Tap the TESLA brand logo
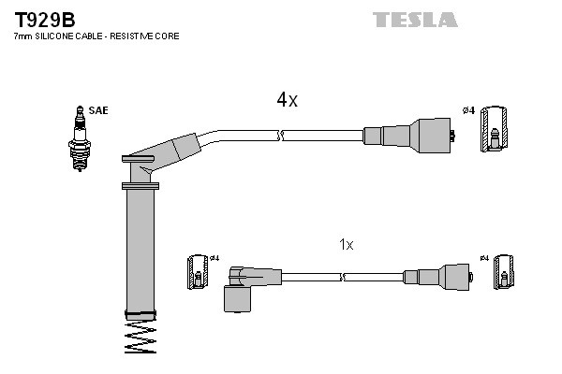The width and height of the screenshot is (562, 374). pyautogui.click(x=415, y=19)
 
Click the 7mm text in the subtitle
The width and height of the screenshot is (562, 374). pyautogui.click(x=22, y=36)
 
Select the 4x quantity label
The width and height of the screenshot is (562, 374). pyautogui.click(x=287, y=100)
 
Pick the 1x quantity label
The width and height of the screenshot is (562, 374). pyautogui.click(x=346, y=244)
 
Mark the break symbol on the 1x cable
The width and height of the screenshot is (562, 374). pyautogui.click(x=344, y=277)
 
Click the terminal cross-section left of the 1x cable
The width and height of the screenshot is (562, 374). pyautogui.click(x=198, y=272)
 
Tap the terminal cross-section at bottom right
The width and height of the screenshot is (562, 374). pyautogui.click(x=506, y=272)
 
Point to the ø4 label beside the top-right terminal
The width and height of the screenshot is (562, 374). pyautogui.click(x=469, y=111)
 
